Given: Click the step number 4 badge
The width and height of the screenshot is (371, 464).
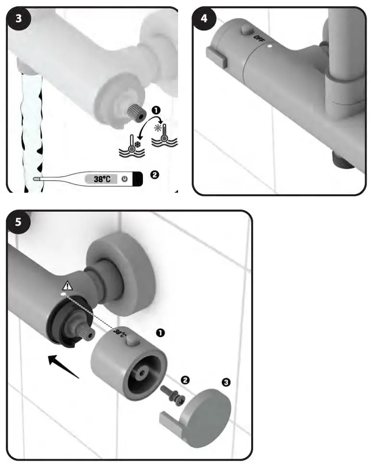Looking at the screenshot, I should click(205, 20).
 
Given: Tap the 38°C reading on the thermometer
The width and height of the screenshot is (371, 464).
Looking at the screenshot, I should click(102, 179).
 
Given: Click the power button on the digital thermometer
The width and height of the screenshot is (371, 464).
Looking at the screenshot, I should click(124, 179).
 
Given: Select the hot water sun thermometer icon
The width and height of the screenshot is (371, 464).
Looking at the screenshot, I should click(164, 132).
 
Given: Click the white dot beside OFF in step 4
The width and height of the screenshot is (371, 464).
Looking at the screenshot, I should click(270, 48).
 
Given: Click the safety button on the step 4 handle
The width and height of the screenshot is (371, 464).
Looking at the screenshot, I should click(248, 30).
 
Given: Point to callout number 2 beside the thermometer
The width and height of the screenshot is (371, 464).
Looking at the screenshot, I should click(154, 175).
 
